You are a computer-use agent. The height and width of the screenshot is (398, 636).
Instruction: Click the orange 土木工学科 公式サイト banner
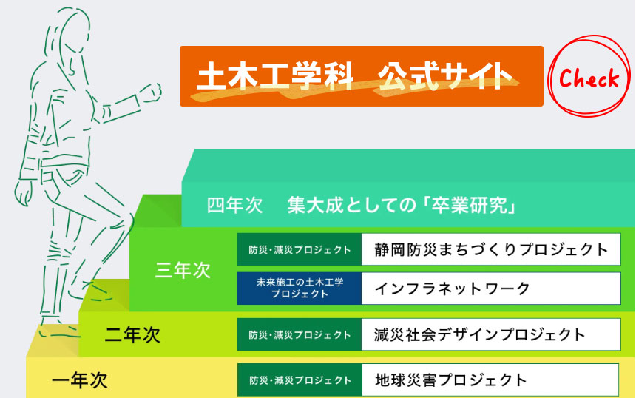click(x=362, y=76)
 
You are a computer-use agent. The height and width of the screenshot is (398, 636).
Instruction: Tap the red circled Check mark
click(x=589, y=76)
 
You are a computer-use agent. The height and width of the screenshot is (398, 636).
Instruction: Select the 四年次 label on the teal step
click(x=235, y=206)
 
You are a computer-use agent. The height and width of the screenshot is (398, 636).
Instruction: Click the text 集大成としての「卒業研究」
click(x=402, y=206)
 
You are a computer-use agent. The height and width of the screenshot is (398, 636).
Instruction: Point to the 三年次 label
click(x=183, y=270)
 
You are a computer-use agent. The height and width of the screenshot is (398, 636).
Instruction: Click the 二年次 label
click(x=132, y=335)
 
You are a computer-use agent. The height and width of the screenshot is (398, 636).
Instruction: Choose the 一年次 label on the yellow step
click(x=80, y=380)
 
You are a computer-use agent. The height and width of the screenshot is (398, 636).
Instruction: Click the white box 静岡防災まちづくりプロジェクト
click(x=491, y=249)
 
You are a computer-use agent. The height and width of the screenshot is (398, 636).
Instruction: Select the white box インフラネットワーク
click(x=491, y=289)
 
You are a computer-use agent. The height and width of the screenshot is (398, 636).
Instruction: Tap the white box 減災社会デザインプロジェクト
click(x=491, y=334)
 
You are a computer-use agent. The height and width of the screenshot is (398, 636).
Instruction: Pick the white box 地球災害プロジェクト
click(x=490, y=380)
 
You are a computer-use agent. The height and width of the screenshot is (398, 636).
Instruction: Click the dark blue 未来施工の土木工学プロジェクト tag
click(x=300, y=289)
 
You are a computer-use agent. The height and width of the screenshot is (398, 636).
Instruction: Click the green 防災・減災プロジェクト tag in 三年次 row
click(x=300, y=249)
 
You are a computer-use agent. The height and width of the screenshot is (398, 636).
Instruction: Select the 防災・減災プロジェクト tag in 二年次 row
click(x=300, y=334)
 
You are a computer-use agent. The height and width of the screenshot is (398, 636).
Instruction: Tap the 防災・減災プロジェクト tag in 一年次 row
click(x=300, y=380)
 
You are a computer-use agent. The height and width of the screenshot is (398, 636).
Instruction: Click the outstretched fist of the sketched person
click(x=152, y=92)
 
